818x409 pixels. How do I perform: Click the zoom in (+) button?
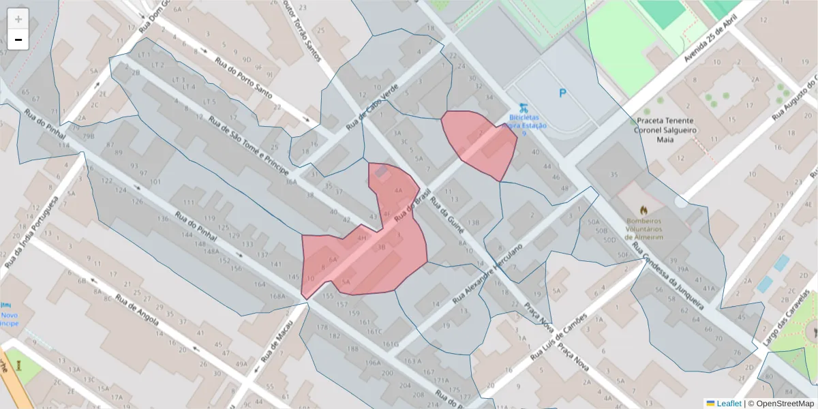(18, 19)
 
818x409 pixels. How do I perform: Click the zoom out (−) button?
(18, 40)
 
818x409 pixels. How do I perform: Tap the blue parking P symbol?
(562, 93)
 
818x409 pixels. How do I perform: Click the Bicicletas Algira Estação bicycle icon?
(522, 107)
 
